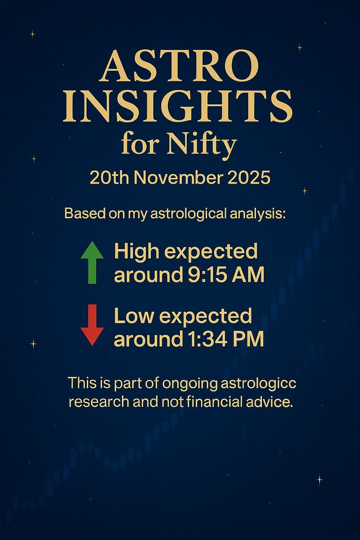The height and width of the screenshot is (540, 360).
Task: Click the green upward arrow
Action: pyautogui.click(x=92, y=262)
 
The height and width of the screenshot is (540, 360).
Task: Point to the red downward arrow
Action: pyautogui.click(x=92, y=324)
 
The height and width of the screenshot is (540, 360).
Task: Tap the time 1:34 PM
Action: pyautogui.click(x=220, y=338)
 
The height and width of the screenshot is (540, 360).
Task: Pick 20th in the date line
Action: pyautogui.click(x=107, y=178)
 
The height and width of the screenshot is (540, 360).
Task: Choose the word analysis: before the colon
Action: pyautogui.click(x=256, y=213)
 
